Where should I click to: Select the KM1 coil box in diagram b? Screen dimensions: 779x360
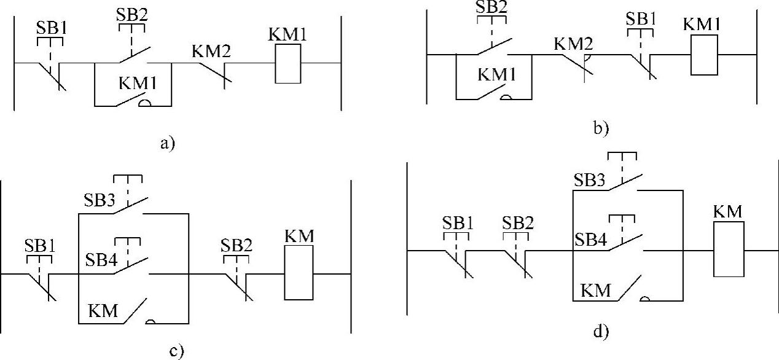point(706,55)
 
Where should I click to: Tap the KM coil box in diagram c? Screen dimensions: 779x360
point(299,273)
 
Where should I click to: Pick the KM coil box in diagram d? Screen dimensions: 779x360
point(728,249)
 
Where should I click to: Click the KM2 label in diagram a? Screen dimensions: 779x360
point(211,52)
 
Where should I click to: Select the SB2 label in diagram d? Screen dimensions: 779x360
point(517,222)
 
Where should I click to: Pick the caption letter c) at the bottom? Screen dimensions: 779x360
point(175,351)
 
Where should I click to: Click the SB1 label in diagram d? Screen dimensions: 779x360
point(458,222)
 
